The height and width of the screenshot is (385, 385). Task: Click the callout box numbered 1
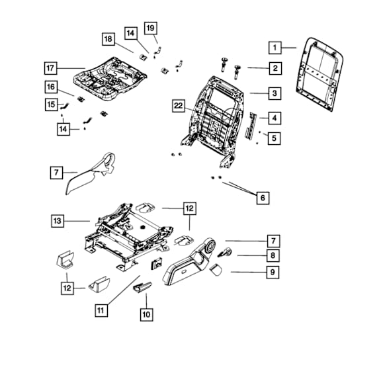tap(275, 48)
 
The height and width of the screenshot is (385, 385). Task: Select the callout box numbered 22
tap(179, 106)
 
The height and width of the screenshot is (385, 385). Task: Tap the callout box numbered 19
tap(151, 28)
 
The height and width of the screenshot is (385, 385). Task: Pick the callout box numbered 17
tap(50, 68)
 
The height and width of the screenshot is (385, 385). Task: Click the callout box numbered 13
tap(58, 221)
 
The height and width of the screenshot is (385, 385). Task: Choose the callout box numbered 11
tap(101, 310)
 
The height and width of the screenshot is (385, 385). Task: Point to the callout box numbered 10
tap(147, 314)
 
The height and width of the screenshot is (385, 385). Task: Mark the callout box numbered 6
tap(263, 198)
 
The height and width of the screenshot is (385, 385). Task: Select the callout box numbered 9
tap(273, 272)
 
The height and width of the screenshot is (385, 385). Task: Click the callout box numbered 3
tap(275, 93)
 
